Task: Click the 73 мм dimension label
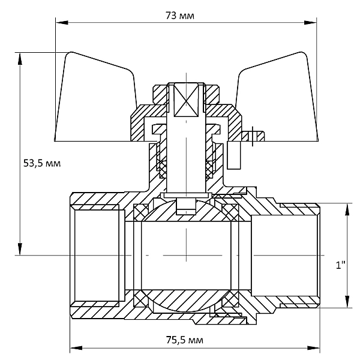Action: pos(180,16)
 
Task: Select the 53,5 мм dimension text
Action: pos(42,163)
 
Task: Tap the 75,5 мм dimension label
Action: pos(185,340)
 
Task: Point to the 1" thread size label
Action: pos(340,265)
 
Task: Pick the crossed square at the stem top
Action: pos(186,100)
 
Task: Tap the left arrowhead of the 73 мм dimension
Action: pos(62,23)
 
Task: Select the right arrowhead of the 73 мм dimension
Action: pos(310,23)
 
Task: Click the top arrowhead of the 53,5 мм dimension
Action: pos(20,59)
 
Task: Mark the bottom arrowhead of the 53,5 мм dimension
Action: pos(20,249)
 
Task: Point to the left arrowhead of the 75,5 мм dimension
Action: pos(76,348)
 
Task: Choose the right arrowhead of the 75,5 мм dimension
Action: pos(313,348)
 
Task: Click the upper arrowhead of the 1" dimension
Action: pos(347,209)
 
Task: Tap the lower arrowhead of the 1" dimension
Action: pos(347,301)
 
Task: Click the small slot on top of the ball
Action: pos(186,206)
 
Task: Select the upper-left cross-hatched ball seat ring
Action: pos(141,212)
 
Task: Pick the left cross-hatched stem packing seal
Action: pos(163,169)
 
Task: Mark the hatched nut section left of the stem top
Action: pos(160,95)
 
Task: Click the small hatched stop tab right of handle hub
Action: pos(253,136)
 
